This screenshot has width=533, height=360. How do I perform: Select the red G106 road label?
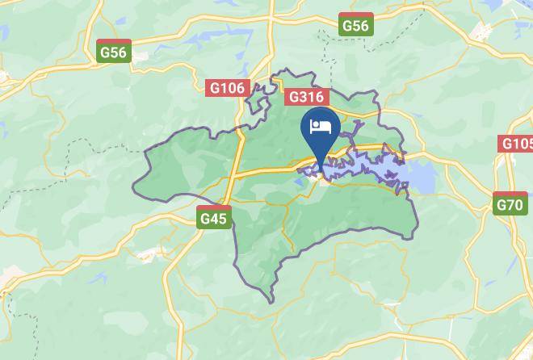tap(226, 87)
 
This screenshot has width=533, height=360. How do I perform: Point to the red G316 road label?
tap(307, 97)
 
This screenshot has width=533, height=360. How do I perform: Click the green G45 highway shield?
tap(214, 217)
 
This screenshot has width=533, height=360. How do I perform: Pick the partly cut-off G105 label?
tap(516, 143)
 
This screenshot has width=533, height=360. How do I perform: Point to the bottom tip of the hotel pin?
tap(323, 172)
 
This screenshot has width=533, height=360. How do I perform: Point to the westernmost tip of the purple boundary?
tap(133, 191)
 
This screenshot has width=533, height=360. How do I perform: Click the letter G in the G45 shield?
tap(205, 219)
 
